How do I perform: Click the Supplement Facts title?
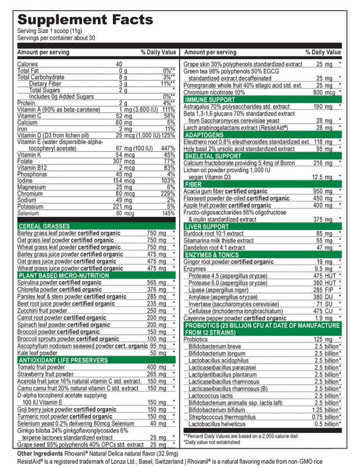pyautogui.click(x=85, y=20)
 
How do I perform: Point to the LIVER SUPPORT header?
pyautogui.click(x=206, y=227)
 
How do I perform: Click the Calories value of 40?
pyautogui.click(x=119, y=64)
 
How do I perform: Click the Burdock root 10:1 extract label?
pyautogui.click(x=213, y=234)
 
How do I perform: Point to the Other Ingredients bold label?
pyautogui.click(x=40, y=454)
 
